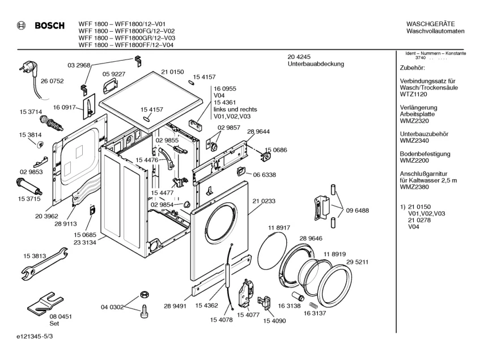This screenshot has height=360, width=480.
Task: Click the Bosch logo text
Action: coord(50,26)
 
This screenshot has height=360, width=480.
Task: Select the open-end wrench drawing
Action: coord(45,264)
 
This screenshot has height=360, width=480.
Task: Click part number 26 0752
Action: coord(52,81)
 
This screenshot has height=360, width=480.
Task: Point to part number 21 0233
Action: coord(264,201)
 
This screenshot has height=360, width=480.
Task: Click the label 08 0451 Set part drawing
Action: coord(46,304)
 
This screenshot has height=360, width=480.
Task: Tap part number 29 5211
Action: coord(357,262)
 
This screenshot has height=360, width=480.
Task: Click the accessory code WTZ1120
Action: coord(413,94)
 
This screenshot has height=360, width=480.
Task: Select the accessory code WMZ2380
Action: coord(414,187)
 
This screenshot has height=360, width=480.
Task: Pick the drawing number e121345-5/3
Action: coord(35,336)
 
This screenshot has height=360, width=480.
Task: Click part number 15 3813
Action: coord(35,256)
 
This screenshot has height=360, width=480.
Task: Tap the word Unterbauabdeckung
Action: coord(316,64)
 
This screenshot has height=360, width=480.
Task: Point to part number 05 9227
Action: coord(114,74)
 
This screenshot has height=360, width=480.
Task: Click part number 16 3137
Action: coord(315,313)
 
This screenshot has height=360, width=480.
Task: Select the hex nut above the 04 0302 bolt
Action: coord(144,294)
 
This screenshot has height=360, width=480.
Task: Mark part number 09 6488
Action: coord(357,210)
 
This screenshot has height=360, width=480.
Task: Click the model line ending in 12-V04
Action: coord(126,45)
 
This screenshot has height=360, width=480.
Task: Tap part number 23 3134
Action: coord(85,243)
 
